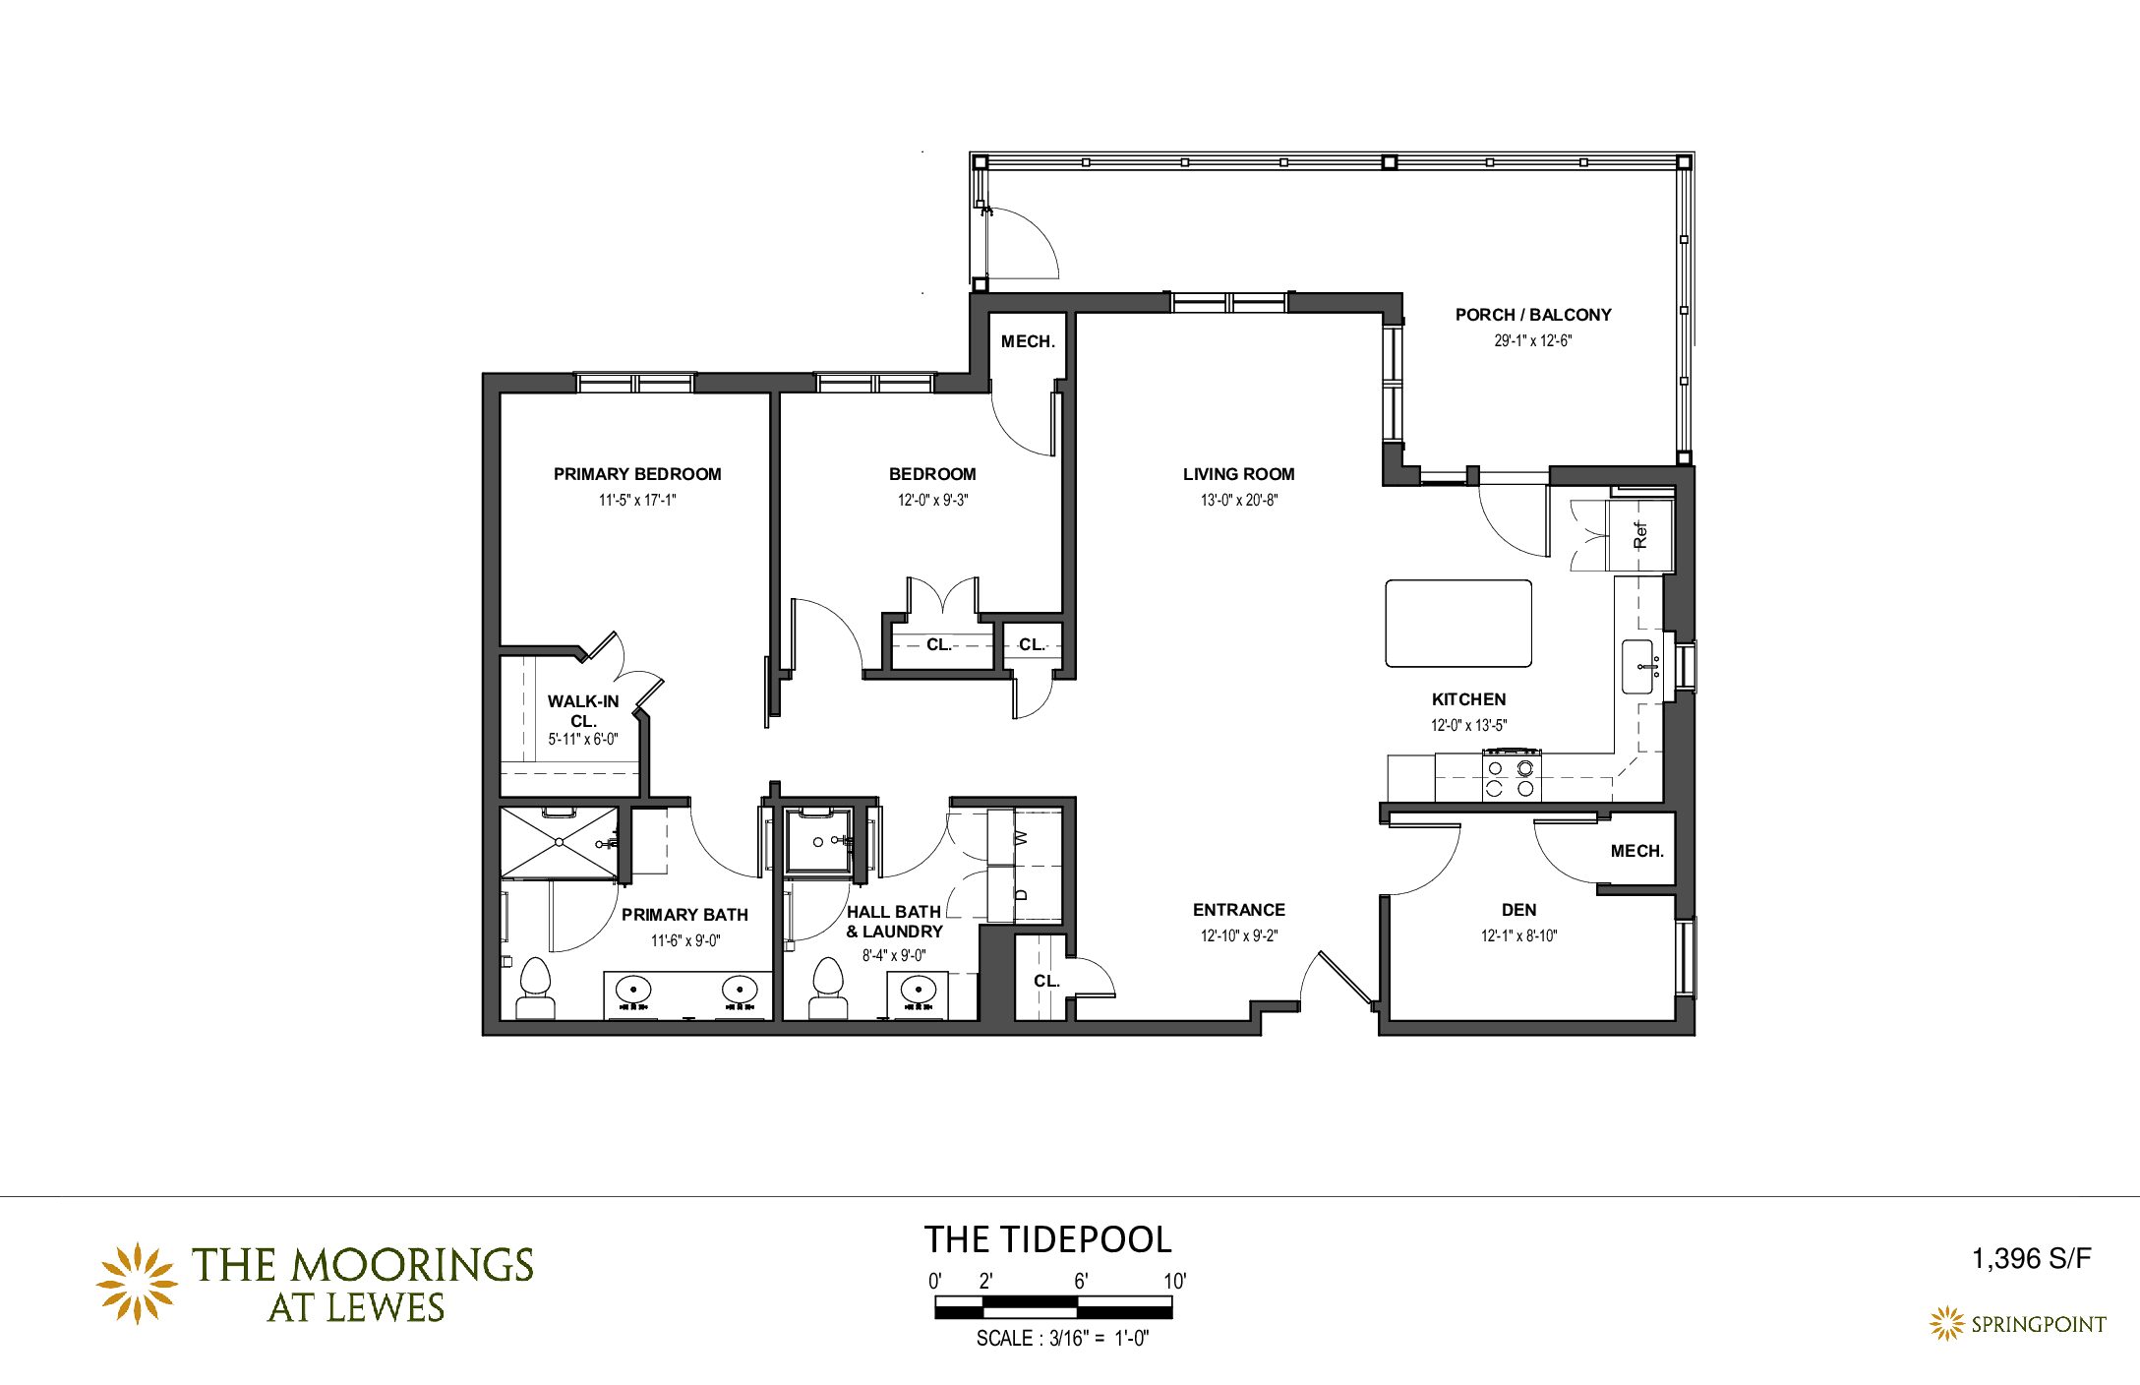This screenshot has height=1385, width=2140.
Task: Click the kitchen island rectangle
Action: [x=1458, y=624]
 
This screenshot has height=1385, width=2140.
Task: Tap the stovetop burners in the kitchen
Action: [x=1512, y=777]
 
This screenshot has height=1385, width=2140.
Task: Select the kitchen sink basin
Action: [x=1637, y=666]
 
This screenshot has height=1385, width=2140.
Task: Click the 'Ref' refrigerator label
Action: [x=1639, y=535]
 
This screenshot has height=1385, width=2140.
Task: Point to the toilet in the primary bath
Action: [x=535, y=989]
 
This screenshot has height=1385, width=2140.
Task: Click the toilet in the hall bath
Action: [x=828, y=989]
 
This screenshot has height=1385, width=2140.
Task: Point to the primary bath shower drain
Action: [x=559, y=842]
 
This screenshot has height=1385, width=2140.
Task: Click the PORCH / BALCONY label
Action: [x=1533, y=315]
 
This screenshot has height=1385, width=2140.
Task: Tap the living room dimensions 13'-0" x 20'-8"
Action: [x=1238, y=500]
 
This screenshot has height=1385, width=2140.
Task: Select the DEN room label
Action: [x=1518, y=910]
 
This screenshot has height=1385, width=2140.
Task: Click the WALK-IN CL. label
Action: [x=583, y=711]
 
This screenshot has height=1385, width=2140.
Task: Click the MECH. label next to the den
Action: [x=1636, y=851]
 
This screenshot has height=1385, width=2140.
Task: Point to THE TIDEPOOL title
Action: [x=1047, y=1239]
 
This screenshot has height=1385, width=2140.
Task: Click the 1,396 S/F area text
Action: [x=2031, y=1258]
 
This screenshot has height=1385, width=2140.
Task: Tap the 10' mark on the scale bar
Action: [x=1175, y=1281]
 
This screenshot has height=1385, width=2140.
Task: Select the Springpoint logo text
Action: [x=2038, y=1324]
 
